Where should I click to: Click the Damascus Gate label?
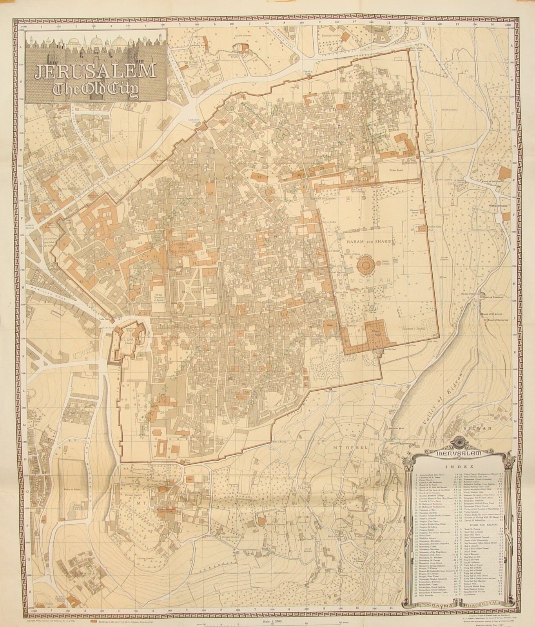193,118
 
